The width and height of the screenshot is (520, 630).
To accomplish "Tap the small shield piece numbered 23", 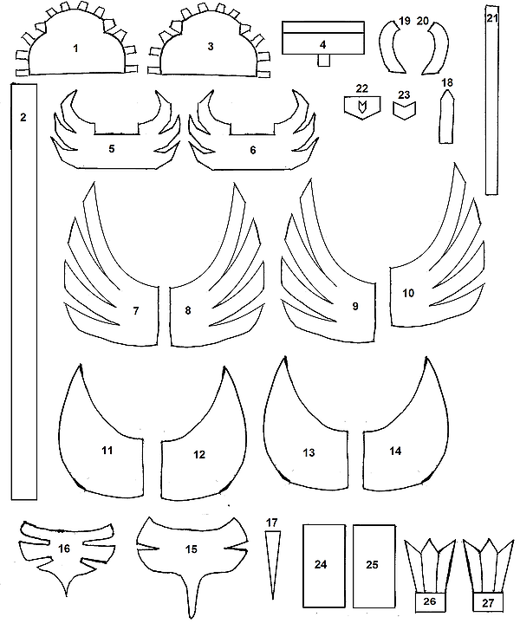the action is click(x=403, y=111).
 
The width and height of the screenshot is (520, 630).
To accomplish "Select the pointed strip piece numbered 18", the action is click(x=447, y=120).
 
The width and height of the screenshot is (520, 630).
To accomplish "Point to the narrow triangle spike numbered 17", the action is click(x=274, y=560).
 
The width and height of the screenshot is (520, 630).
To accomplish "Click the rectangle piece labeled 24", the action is click(x=322, y=565).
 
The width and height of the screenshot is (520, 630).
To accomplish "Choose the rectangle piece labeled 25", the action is click(x=372, y=565).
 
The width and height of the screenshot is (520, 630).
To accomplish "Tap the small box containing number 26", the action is click(x=428, y=601).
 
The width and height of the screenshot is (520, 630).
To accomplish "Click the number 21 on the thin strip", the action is click(x=491, y=17).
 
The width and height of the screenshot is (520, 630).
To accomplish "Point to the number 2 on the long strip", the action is click(x=23, y=116).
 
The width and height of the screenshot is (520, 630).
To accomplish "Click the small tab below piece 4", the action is click(x=322, y=61).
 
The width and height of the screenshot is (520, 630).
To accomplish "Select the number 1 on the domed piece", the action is click(x=75, y=48).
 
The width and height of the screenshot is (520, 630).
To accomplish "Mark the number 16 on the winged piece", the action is click(x=63, y=549).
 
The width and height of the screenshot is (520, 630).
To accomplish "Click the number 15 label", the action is click(x=192, y=549).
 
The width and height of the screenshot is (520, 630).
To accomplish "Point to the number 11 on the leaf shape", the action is click(x=107, y=451).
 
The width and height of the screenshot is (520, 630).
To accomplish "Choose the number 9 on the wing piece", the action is click(x=354, y=306).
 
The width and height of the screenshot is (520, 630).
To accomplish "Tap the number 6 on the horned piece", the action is click(x=252, y=149).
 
